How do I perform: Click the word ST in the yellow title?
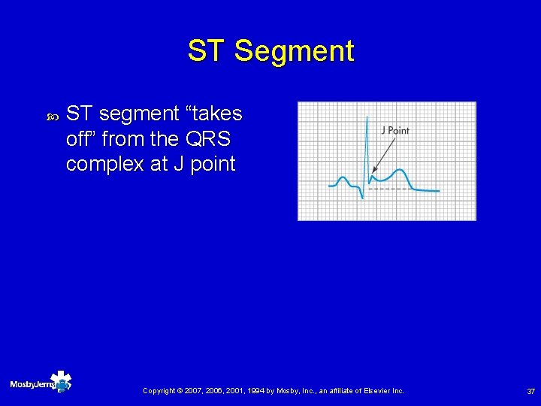pos(207,52)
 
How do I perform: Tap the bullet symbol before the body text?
pos(52,117)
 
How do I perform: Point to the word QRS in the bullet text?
pos(213,139)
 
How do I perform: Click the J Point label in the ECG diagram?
pos(394,130)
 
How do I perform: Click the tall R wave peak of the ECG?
pos(366,118)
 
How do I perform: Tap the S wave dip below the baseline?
pos(363,197)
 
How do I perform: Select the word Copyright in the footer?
pos(160,391)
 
